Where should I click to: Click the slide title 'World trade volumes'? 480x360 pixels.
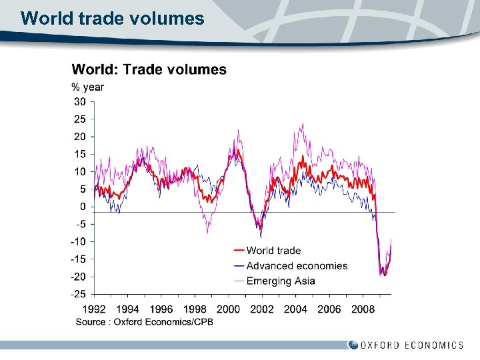pyautogui.click(x=112, y=19)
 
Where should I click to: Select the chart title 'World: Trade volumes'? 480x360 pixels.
pyautogui.click(x=149, y=69)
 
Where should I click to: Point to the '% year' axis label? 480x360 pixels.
pyautogui.click(x=87, y=87)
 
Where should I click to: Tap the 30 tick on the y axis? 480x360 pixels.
pyautogui.click(x=79, y=102)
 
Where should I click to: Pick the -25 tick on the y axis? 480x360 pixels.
pyautogui.click(x=78, y=294)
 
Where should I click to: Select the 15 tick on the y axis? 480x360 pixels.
pyautogui.click(x=79, y=154)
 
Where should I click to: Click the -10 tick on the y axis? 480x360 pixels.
pyautogui.click(x=78, y=241)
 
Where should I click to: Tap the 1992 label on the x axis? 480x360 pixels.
pyautogui.click(x=94, y=309)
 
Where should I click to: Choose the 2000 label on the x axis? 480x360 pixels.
pyautogui.click(x=228, y=309)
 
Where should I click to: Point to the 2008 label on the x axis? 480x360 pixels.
pyautogui.click(x=363, y=309)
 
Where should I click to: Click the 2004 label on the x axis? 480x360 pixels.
pyautogui.click(x=295, y=309)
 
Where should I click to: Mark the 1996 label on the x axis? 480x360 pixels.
pyautogui.click(x=161, y=309)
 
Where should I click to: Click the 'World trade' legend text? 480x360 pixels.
pyautogui.click(x=273, y=251)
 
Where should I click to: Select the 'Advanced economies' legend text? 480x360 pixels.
pyautogui.click(x=297, y=266)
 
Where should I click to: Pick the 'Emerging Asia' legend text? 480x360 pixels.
pyautogui.click(x=281, y=281)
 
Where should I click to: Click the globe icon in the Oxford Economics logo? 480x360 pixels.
pyautogui.click(x=353, y=345)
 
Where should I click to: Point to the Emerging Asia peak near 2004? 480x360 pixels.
pyautogui.click(x=303, y=124)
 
